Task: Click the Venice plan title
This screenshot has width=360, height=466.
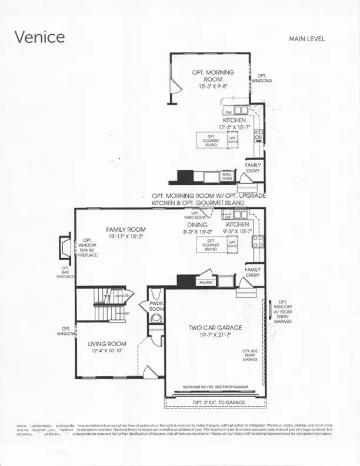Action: [x=39, y=36]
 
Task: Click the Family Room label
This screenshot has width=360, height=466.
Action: [x=125, y=229]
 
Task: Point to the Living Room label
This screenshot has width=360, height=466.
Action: [x=107, y=344]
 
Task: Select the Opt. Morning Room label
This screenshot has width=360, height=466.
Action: [x=213, y=75]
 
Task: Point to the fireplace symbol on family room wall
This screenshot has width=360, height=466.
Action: [x=64, y=247]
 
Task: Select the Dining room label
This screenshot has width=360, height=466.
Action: [x=197, y=224]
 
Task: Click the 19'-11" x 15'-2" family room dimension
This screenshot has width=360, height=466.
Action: [x=125, y=237]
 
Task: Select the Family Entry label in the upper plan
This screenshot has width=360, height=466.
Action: [x=252, y=168]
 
